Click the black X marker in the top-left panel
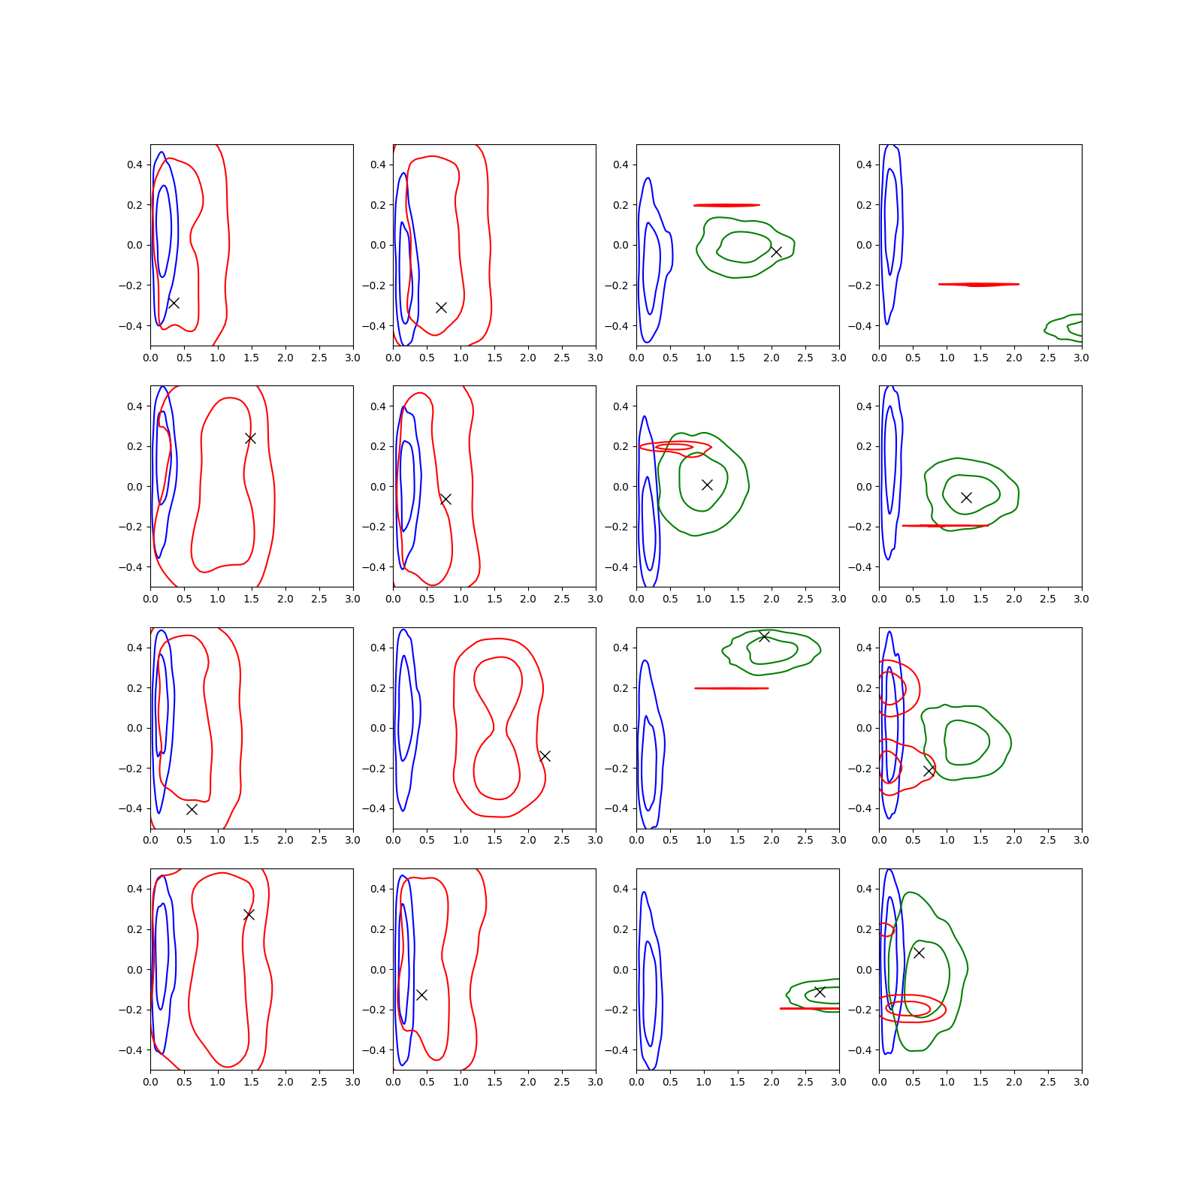(174, 303)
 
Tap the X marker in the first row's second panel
(442, 307)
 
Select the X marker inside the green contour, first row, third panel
(776, 252)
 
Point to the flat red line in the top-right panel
(979, 285)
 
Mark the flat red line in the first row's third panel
(726, 205)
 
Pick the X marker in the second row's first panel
(250, 438)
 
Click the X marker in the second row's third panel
(707, 485)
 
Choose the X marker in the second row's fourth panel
(966, 497)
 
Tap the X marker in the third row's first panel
(192, 809)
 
